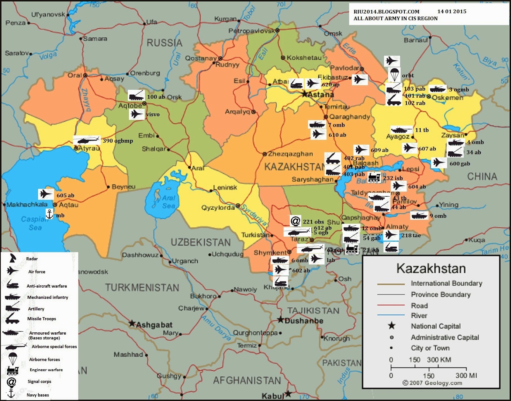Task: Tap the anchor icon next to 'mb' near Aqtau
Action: coord(50,214)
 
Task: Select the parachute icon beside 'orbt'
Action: coord(394,75)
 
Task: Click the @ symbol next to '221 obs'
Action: coord(295,221)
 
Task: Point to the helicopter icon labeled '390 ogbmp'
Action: coord(87,140)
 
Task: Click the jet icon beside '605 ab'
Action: coord(46,194)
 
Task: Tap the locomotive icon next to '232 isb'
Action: coord(374,178)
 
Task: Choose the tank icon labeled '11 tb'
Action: coord(402,130)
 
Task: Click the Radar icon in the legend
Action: coord(12,258)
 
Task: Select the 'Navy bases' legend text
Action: coord(38,395)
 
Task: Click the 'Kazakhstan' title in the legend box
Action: coord(431,269)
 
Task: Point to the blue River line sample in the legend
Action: coord(391,315)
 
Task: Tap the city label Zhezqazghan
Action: coord(290,154)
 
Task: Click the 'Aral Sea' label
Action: coord(168,202)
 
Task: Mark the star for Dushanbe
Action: coord(280,320)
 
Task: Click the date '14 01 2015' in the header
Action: coord(452,11)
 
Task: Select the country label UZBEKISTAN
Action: coord(201,243)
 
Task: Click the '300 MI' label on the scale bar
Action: coord(466,376)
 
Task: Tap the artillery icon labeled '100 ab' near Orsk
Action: coord(136,95)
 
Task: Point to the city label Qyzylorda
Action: coord(218,208)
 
